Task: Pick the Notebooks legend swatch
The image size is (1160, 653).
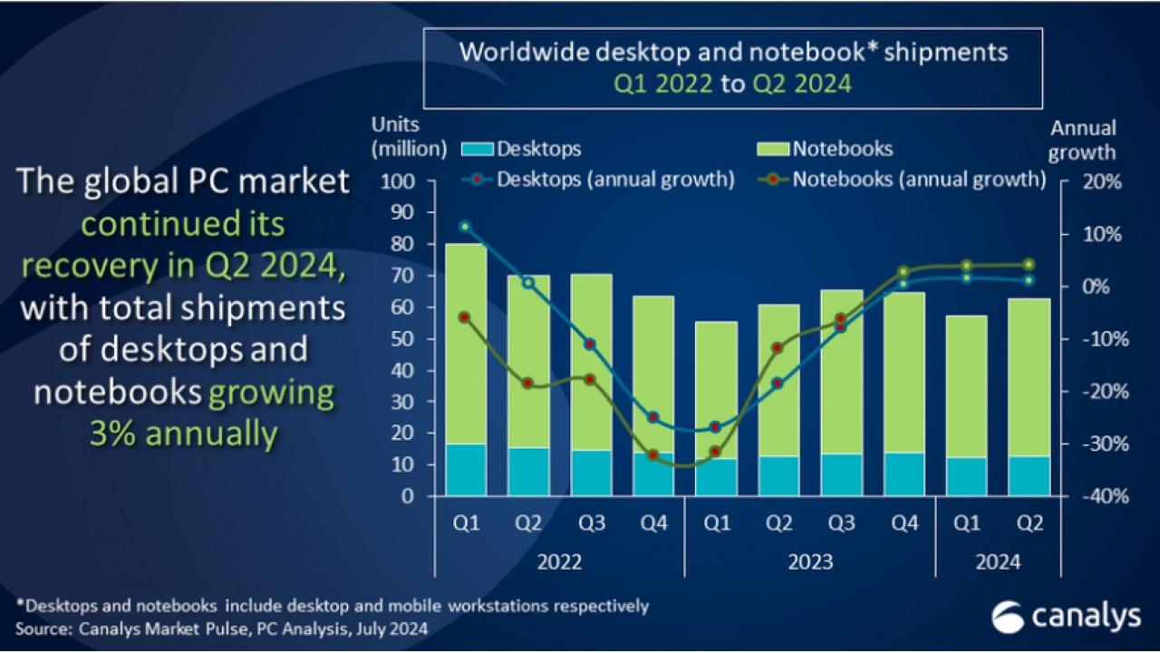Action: pos(773,148)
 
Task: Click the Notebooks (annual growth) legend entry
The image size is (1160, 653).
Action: pos(901,179)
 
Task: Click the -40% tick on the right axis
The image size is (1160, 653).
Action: pos(1100,497)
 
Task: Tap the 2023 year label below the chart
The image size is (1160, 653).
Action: pos(809,562)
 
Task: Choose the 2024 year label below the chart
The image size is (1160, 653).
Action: pos(997,562)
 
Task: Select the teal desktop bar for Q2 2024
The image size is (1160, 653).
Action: pos(1030,476)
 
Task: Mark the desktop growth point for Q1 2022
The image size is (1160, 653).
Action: pos(465,226)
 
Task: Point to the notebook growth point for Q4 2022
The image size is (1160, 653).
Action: pos(652,454)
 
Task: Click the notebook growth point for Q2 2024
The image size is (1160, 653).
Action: pos(1029,265)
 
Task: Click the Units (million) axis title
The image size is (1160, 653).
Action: pos(409,136)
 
